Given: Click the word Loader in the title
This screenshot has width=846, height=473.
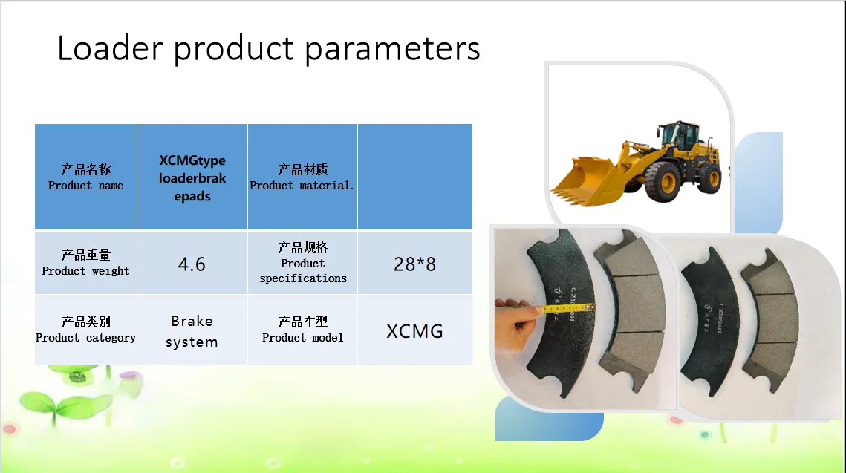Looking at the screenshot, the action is (110, 48).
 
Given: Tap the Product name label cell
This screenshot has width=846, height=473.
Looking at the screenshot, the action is (85, 177).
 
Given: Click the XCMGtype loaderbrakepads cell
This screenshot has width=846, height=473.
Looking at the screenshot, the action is (192, 177).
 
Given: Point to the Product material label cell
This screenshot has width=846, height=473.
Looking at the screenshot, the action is (302, 177).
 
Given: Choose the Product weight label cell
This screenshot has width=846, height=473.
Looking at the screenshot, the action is (85, 263).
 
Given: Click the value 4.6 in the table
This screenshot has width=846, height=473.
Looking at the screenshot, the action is (192, 264).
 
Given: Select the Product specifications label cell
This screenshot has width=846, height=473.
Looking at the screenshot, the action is (302, 263).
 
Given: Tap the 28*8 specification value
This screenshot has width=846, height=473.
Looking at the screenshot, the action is (414, 264).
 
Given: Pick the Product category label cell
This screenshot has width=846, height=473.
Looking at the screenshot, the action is (85, 330).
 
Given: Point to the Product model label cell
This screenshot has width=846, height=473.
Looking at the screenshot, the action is (302, 330).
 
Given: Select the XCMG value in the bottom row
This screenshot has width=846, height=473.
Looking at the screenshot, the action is (414, 331).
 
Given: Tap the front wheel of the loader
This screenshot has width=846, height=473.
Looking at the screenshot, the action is (663, 183).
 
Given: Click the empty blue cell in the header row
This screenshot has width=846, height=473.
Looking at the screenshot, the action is (415, 177).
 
